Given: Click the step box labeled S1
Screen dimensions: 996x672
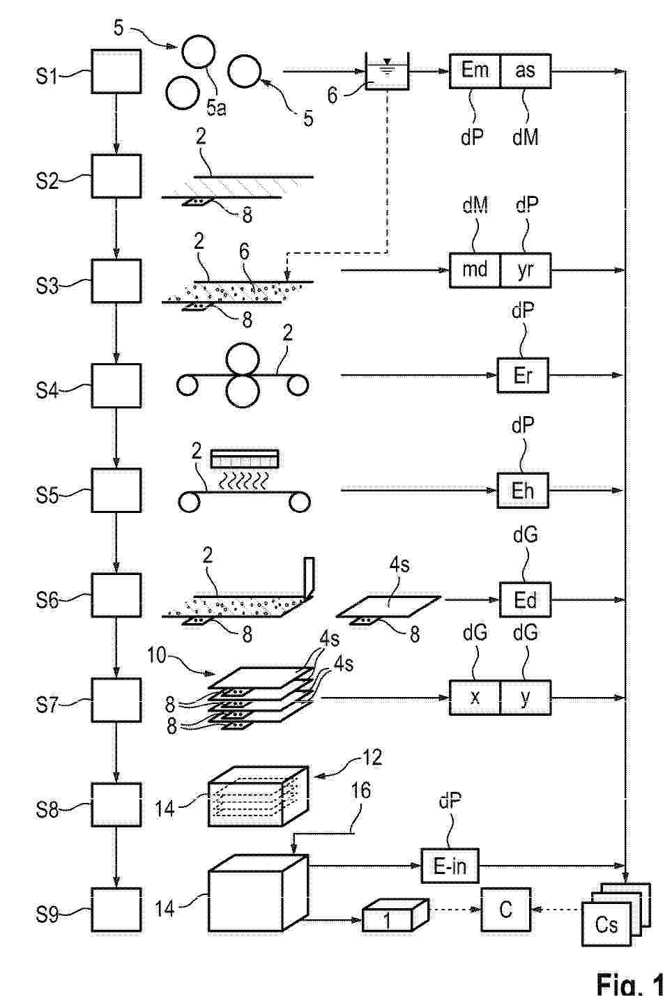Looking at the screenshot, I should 116,71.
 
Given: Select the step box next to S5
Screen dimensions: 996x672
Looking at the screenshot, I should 116,490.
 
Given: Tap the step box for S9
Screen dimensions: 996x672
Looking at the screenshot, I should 116,910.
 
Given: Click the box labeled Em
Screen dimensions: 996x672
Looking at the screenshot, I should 475,70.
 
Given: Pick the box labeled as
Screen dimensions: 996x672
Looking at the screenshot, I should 526,70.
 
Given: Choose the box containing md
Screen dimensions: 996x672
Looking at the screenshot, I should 475,270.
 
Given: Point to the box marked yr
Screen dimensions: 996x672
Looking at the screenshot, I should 526,270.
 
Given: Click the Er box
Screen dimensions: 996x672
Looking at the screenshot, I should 523,375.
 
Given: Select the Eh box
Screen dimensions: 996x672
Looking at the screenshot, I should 523,490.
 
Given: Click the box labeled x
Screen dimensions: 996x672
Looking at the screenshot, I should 475,698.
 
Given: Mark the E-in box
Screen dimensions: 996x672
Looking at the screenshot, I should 450,866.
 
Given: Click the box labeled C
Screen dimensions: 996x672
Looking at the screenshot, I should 506,910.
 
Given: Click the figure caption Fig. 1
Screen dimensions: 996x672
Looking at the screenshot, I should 630,983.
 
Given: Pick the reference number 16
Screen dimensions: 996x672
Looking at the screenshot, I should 361,790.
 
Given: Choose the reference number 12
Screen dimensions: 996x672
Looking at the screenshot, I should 373,757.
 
